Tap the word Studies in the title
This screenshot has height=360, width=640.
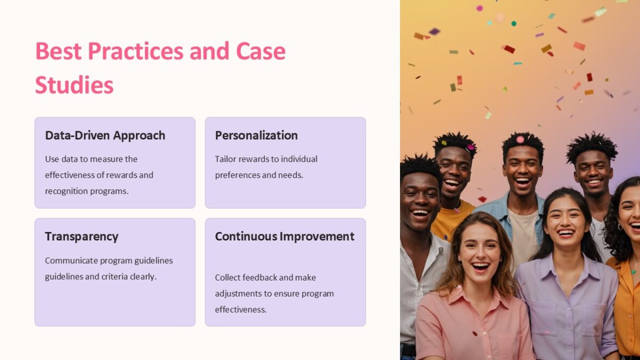click(x=74, y=85)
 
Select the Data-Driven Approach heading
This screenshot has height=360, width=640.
click(x=105, y=135)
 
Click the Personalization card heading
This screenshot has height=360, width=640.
click(x=256, y=135)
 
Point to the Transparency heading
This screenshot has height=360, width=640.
click(x=82, y=237)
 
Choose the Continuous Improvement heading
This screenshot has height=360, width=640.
click(x=284, y=237)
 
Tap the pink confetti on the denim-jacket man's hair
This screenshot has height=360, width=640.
click(x=520, y=139)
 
